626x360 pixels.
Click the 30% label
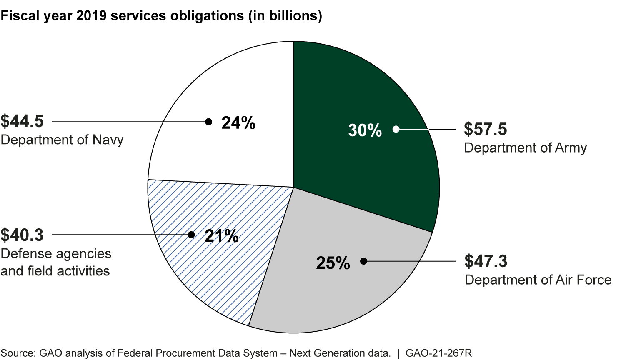click(365, 130)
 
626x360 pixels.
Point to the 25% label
click(333, 263)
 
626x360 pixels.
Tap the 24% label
click(238, 123)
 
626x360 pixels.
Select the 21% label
click(221, 236)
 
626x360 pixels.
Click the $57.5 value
click(485, 129)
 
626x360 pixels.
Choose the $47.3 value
click(486, 261)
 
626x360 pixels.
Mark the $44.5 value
click(22, 121)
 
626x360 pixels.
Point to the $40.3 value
click(22, 235)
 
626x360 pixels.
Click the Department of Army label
click(525, 148)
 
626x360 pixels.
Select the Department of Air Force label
click(538, 280)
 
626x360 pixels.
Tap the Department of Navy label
click(62, 140)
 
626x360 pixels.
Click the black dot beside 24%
click(208, 122)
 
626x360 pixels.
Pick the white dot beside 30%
click(396, 129)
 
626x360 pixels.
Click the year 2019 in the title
click(108, 15)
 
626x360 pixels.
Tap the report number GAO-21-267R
click(438, 353)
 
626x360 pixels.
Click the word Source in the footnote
click(18, 353)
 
